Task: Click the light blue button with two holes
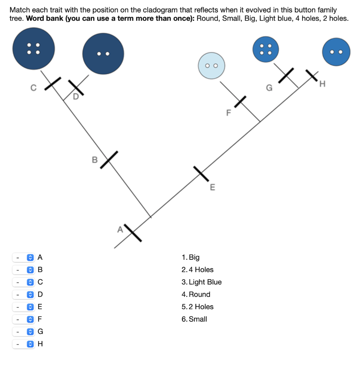[211, 65]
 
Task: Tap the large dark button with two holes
[103, 54]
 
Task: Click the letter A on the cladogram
[120, 229]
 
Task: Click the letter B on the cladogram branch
[95, 160]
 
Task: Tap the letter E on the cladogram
[212, 187]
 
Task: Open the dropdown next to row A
[23, 257]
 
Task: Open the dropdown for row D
[23, 295]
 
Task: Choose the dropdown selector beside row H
[23, 344]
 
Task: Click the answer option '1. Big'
[191, 257]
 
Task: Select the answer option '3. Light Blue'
[202, 282]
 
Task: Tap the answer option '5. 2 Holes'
[197, 307]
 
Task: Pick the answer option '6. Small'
[194, 319]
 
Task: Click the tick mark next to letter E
[201, 174]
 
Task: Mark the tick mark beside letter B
[109, 159]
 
